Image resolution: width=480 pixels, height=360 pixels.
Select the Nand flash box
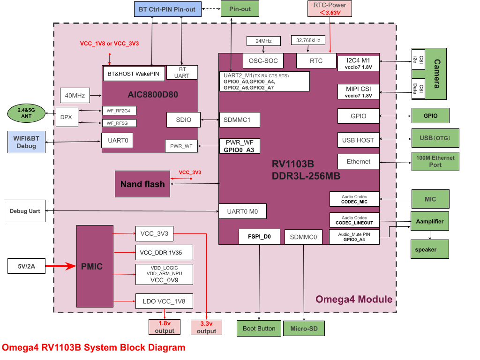point(142,184)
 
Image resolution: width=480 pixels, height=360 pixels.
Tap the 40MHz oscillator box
point(75,95)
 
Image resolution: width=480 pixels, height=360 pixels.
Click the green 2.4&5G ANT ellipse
point(26,113)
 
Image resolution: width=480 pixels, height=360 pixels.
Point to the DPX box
point(66,117)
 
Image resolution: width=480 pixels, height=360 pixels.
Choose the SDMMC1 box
point(240,120)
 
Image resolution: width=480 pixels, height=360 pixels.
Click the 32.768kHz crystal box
point(308,40)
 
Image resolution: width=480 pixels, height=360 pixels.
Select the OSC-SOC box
point(263,60)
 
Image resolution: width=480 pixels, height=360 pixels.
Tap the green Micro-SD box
point(303,329)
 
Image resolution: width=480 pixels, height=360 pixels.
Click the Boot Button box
point(259,328)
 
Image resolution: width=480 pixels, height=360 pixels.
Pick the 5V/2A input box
point(26,266)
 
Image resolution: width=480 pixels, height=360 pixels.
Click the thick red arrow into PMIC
point(60,266)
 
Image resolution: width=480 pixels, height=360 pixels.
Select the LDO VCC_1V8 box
point(164,301)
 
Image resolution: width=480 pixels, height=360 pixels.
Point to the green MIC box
point(430,199)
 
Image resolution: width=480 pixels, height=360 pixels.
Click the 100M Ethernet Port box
point(435,161)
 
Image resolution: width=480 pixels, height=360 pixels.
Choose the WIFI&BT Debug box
point(26,142)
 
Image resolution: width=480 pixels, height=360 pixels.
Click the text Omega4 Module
point(353,300)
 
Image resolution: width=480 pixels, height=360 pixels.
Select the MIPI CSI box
point(358,92)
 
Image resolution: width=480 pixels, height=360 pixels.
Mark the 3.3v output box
point(206,327)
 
